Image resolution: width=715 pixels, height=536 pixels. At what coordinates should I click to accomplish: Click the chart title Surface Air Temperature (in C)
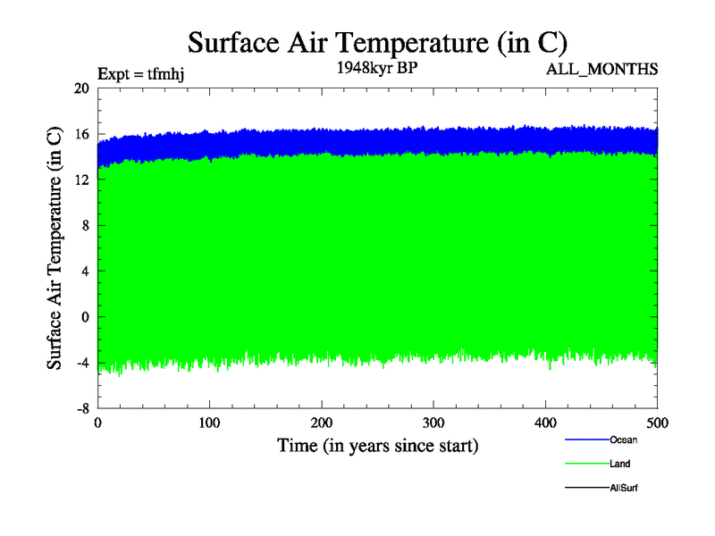tap(377, 42)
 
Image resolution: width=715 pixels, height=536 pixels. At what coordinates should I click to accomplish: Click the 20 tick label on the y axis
tap(81, 88)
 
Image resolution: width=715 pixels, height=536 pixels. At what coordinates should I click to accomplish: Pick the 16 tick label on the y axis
tap(81, 134)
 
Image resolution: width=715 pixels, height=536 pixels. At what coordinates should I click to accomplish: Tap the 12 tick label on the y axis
tap(81, 180)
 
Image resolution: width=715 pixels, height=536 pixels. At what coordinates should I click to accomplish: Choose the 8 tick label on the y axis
tap(85, 225)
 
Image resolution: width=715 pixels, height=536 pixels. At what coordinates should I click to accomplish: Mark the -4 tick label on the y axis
tap(82, 362)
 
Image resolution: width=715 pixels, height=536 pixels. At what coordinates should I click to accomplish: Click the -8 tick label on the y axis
tap(82, 407)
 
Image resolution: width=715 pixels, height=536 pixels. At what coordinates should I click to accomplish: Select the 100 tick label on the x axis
tap(210, 423)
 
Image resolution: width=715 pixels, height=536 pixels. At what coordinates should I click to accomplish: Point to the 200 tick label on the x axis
tap(322, 423)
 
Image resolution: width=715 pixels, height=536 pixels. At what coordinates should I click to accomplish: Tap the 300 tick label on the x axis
tap(433, 423)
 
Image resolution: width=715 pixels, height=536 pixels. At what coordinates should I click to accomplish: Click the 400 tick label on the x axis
tap(546, 423)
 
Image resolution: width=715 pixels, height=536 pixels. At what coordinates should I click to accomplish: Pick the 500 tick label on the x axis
tap(658, 423)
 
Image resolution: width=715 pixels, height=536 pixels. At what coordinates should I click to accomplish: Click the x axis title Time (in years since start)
tap(377, 445)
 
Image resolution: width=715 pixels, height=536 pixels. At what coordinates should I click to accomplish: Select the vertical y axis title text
tap(55, 247)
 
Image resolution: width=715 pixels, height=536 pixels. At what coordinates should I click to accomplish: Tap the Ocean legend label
tap(624, 440)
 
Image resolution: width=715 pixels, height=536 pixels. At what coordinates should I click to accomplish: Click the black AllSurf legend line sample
tap(586, 488)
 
